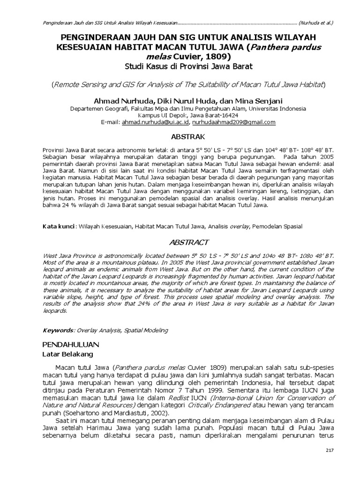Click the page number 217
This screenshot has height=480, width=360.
pyautogui.click(x=329, y=450)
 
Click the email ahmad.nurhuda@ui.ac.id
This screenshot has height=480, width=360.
pyautogui.click(x=155, y=122)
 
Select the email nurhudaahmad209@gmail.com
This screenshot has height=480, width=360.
pyautogui.click(x=234, y=122)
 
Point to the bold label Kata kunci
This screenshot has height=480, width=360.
pyautogui.click(x=59, y=226)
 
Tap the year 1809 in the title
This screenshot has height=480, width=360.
pyautogui.click(x=219, y=56)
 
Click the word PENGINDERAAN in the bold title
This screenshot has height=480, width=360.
pyautogui.click(x=107, y=37)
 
